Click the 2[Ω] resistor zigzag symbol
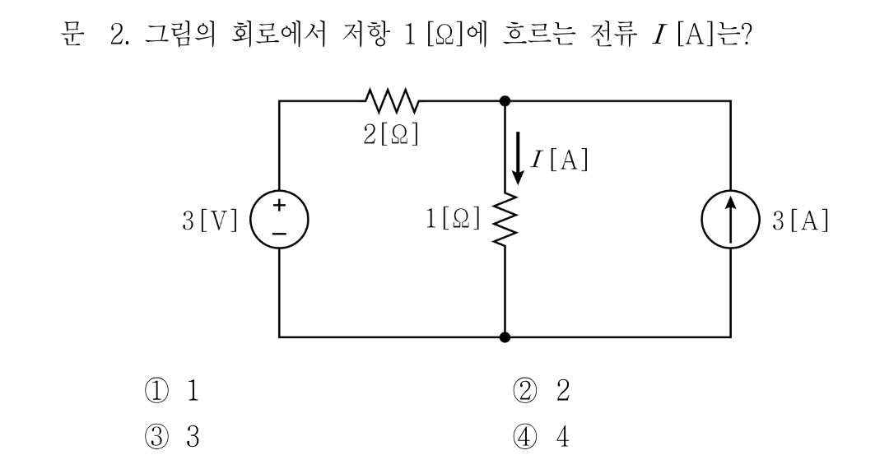392,100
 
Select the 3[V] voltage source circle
280,219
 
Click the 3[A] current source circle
730,219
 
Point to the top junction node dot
505,101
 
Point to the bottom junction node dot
505,337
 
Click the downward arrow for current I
518,158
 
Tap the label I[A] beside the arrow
560,159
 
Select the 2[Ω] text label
391,134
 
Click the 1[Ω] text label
453,218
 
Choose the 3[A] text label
801,221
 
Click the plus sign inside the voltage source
279,205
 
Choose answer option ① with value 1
172,390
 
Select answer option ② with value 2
542,390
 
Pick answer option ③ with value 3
172,437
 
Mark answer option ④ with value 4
542,437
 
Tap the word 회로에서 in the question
279,35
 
